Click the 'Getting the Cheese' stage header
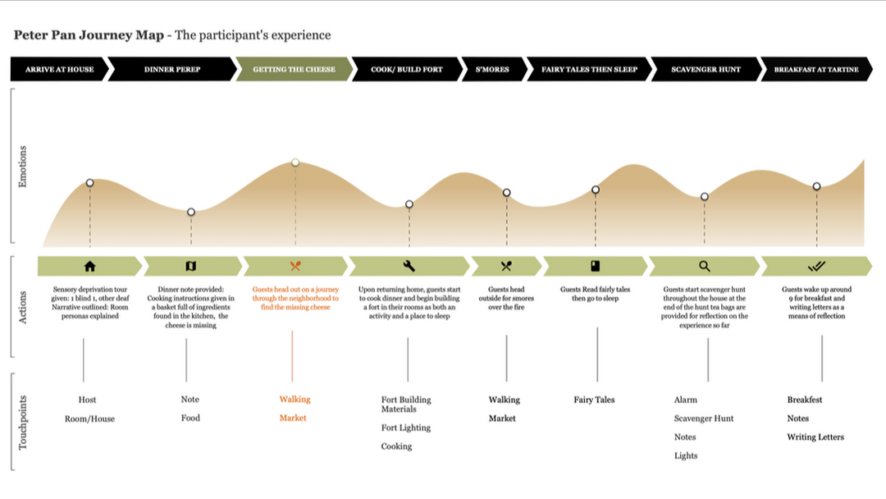pos(294,70)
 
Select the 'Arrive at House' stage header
pos(59,70)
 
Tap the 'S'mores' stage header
pos(492,70)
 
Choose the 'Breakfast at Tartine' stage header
pos(816,70)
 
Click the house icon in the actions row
pos(90,266)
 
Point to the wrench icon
pos(409,266)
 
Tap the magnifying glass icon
pos(705,266)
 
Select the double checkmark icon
pos(816,266)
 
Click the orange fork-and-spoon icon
pos(295,266)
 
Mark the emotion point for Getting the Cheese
pos(295,163)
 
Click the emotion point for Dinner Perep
pos(191,212)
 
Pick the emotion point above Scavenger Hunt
pos(705,197)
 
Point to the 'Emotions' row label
pos(22,167)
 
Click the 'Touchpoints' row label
pos(22,422)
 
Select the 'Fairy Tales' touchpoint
pos(594,400)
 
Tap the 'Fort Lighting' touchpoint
pos(405,428)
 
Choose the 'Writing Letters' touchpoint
pos(815,437)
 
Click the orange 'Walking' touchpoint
pos(295,400)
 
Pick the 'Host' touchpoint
pos(87,400)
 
